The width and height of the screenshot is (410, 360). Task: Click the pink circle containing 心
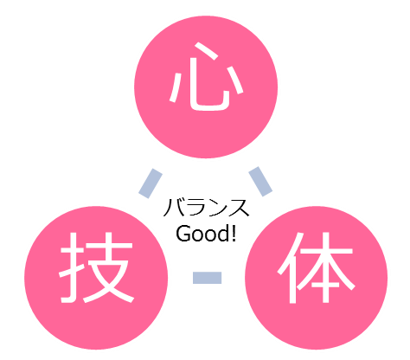point(206,87)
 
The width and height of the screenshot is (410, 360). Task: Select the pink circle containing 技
point(96,278)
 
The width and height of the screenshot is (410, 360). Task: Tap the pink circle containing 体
point(317,278)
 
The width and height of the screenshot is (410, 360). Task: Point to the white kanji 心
point(207,77)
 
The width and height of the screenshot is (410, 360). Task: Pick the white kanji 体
point(317,267)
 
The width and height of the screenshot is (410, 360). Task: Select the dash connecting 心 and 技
point(151,183)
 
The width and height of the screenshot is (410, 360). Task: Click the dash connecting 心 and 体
point(260,182)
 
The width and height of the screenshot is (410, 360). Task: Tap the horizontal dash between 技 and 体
point(207,278)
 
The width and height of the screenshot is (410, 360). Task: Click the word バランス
point(206,208)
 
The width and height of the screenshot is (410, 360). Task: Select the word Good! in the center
point(206,234)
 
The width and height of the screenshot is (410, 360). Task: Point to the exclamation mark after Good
point(234,233)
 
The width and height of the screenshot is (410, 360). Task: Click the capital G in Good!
point(183,234)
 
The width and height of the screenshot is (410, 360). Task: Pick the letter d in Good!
point(222,234)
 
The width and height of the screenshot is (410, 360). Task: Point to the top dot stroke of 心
point(205,51)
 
